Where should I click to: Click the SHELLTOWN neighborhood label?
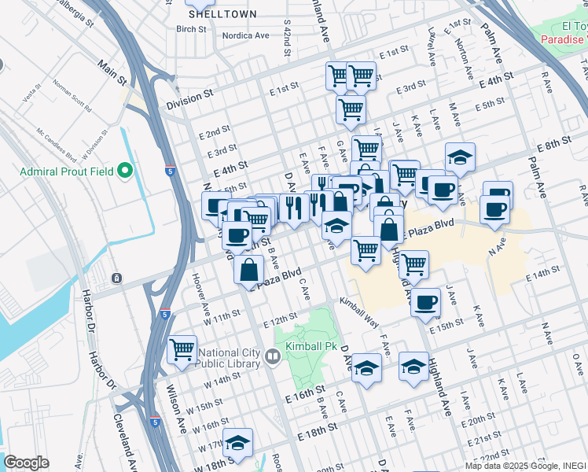211,13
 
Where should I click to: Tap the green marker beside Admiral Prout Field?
124,171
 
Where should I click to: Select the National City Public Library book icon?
272,357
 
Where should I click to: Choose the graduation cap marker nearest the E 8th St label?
460,157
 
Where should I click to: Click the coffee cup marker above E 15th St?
426,302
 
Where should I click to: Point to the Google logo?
26,463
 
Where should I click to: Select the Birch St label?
191,29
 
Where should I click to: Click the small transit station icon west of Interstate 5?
116,278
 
